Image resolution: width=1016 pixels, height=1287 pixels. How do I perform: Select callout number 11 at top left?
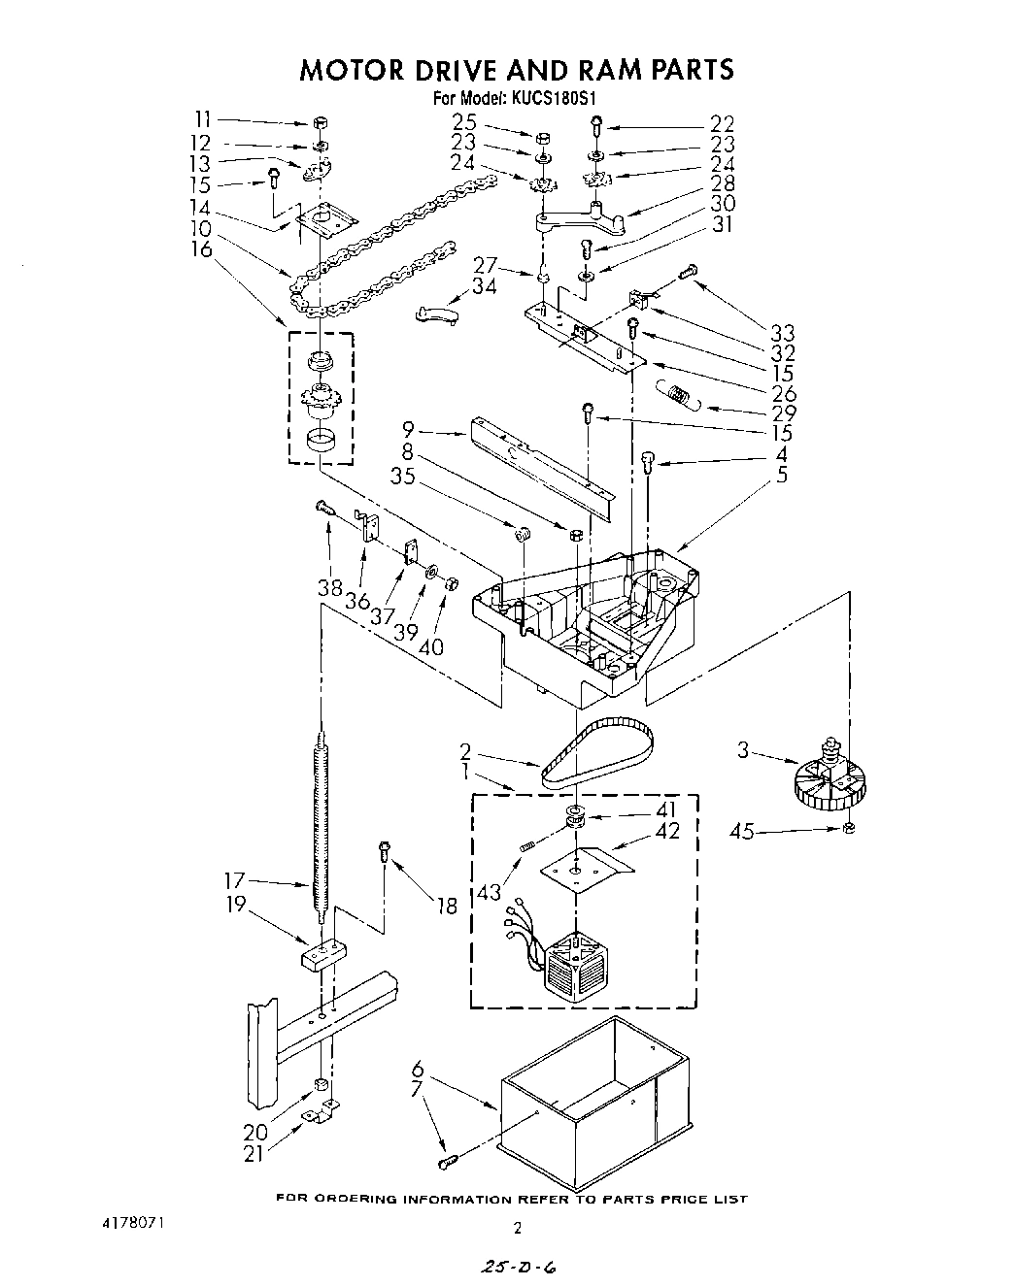(x=202, y=119)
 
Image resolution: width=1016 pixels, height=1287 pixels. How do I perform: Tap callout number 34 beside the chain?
(x=484, y=285)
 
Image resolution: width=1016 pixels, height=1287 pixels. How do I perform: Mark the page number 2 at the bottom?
(x=517, y=1228)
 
